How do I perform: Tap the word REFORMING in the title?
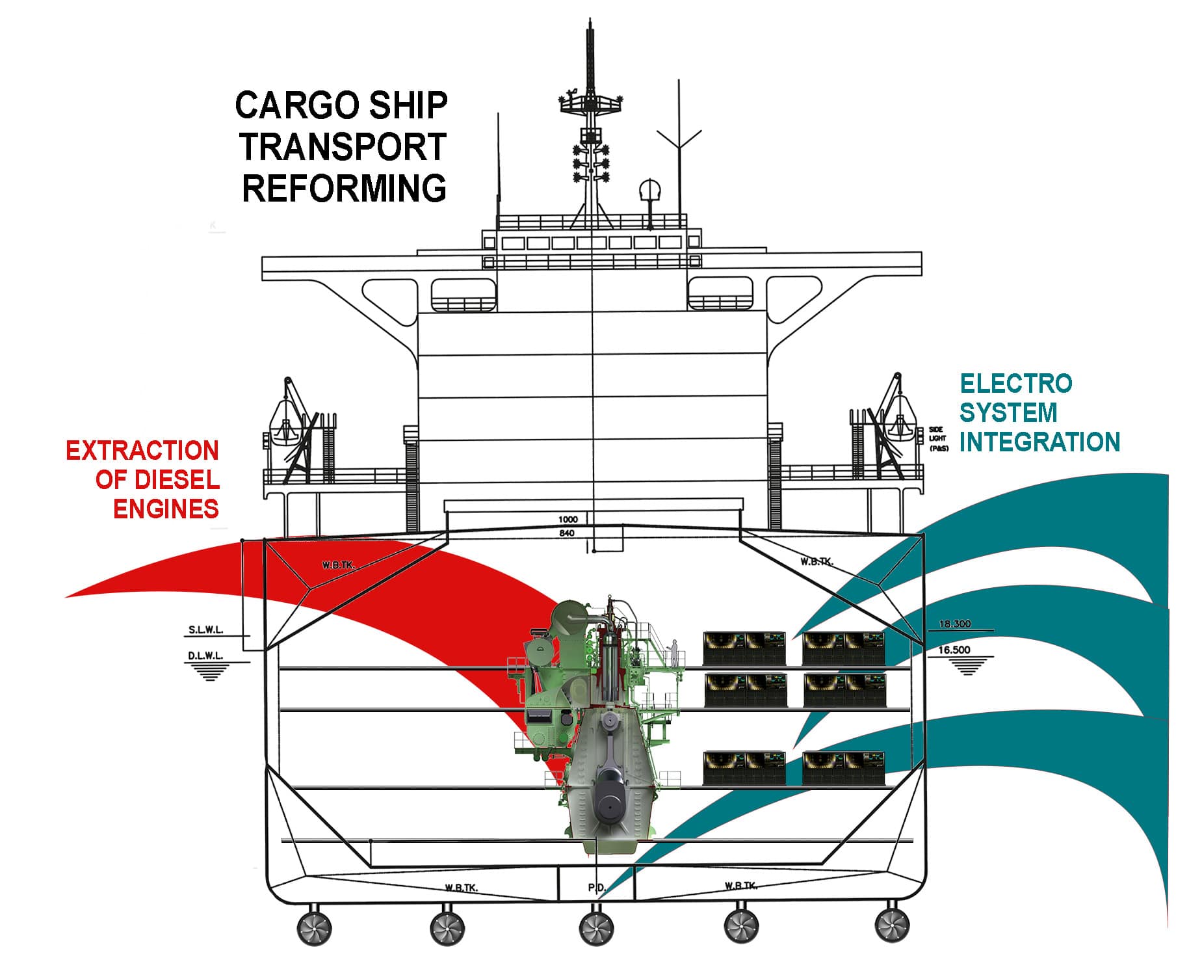pos(344,188)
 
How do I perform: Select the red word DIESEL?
pos(177,480)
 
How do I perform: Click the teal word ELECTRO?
pos(1015,384)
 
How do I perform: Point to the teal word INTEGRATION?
pos(1039,442)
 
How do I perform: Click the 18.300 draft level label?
pos(954,624)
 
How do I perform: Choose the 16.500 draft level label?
pos(954,650)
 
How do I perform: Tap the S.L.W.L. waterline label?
pos(206,630)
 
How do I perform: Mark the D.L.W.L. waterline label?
pos(205,656)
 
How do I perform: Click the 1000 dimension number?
pos(568,520)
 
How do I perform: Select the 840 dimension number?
pos(567,533)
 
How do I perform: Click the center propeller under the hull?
pos(595,928)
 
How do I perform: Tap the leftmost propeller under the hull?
pos(315,928)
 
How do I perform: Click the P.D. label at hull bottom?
pos(597,887)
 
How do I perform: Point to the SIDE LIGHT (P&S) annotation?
pos(937,439)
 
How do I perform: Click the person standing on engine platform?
pos(675,652)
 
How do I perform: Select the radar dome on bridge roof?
pos(649,191)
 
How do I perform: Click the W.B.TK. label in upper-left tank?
pos(339,564)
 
